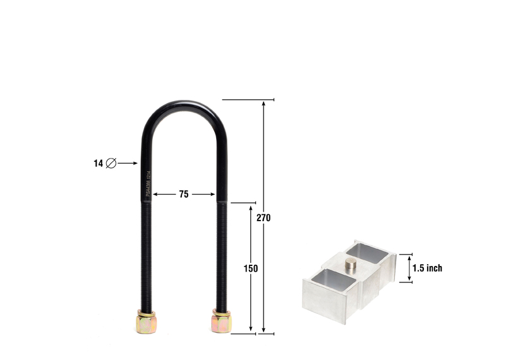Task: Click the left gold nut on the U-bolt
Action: (x=145, y=322)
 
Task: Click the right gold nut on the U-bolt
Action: (x=221, y=322)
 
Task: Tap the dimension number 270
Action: (x=263, y=218)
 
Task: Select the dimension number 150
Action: (x=251, y=268)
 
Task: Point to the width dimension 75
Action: (x=183, y=195)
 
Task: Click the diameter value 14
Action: (x=98, y=163)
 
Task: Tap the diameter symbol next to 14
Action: (x=111, y=163)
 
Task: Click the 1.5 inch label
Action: (x=427, y=268)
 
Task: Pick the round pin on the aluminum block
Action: (x=350, y=264)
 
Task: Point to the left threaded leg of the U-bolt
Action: (x=145, y=253)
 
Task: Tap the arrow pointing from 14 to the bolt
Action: (x=128, y=163)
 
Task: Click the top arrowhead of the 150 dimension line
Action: (x=251, y=207)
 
